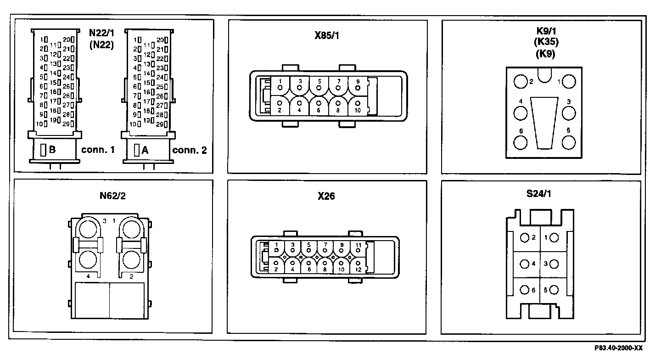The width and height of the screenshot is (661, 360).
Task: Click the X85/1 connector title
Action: [x=327, y=35]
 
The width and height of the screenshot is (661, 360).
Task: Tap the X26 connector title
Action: [x=326, y=196]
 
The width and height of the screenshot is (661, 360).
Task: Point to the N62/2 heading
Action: [x=112, y=196]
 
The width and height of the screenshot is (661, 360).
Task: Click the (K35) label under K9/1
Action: [x=546, y=42]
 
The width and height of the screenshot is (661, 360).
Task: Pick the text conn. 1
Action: [x=98, y=150]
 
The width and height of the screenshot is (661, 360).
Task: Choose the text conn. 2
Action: [x=189, y=150]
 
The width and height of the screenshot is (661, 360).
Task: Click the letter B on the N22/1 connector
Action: [x=52, y=150]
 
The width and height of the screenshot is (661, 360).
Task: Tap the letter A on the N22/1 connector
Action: [x=145, y=150]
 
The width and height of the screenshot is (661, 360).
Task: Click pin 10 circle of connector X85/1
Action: [x=358, y=103]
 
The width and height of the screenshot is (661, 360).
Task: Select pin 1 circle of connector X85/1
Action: [x=280, y=87]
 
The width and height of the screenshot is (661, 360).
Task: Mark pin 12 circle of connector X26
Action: [x=358, y=263]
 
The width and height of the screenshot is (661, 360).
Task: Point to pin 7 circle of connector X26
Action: [x=325, y=250]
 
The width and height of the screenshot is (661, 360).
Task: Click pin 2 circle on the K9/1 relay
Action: [x=520, y=82]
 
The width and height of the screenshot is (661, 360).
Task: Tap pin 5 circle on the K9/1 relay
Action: [x=569, y=143]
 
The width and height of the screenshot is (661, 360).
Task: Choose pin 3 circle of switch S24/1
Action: [x=554, y=264]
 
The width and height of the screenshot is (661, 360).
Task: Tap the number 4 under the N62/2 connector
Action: [x=88, y=276]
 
